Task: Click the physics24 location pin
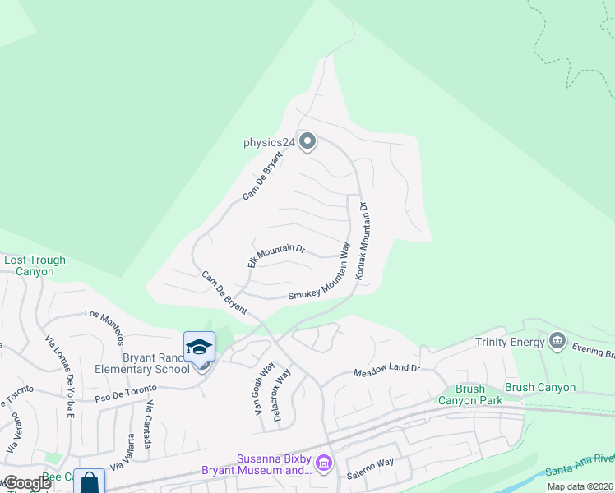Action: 307,142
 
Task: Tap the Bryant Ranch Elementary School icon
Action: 199,348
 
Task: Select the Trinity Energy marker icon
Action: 557,341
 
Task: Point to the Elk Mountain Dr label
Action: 276,256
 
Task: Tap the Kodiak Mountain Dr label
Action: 363,243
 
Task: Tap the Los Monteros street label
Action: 104,325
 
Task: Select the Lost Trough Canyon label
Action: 35,265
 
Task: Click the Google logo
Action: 27,483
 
